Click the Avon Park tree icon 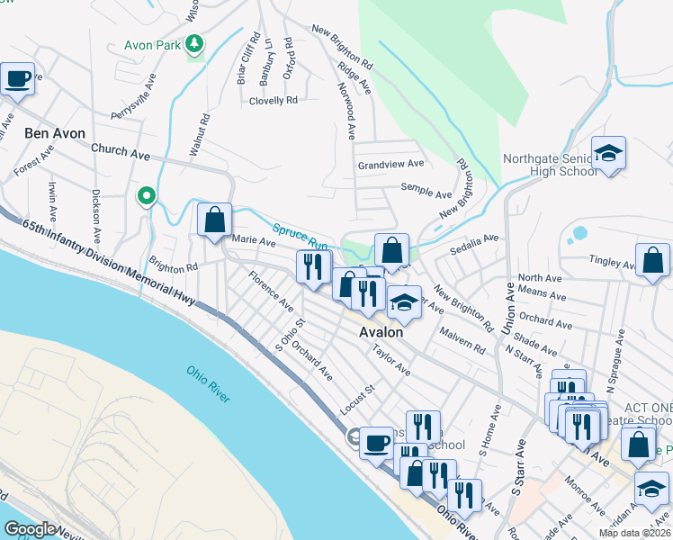pos(193,44)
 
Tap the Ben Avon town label pos(55,133)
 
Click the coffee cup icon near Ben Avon pos(17,79)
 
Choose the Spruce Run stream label pos(301,237)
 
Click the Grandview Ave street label pos(390,165)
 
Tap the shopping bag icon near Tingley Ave pos(652,260)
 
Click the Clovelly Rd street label pos(274,100)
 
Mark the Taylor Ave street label pos(391,363)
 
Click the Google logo pos(30,528)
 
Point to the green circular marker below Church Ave pos(146,195)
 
